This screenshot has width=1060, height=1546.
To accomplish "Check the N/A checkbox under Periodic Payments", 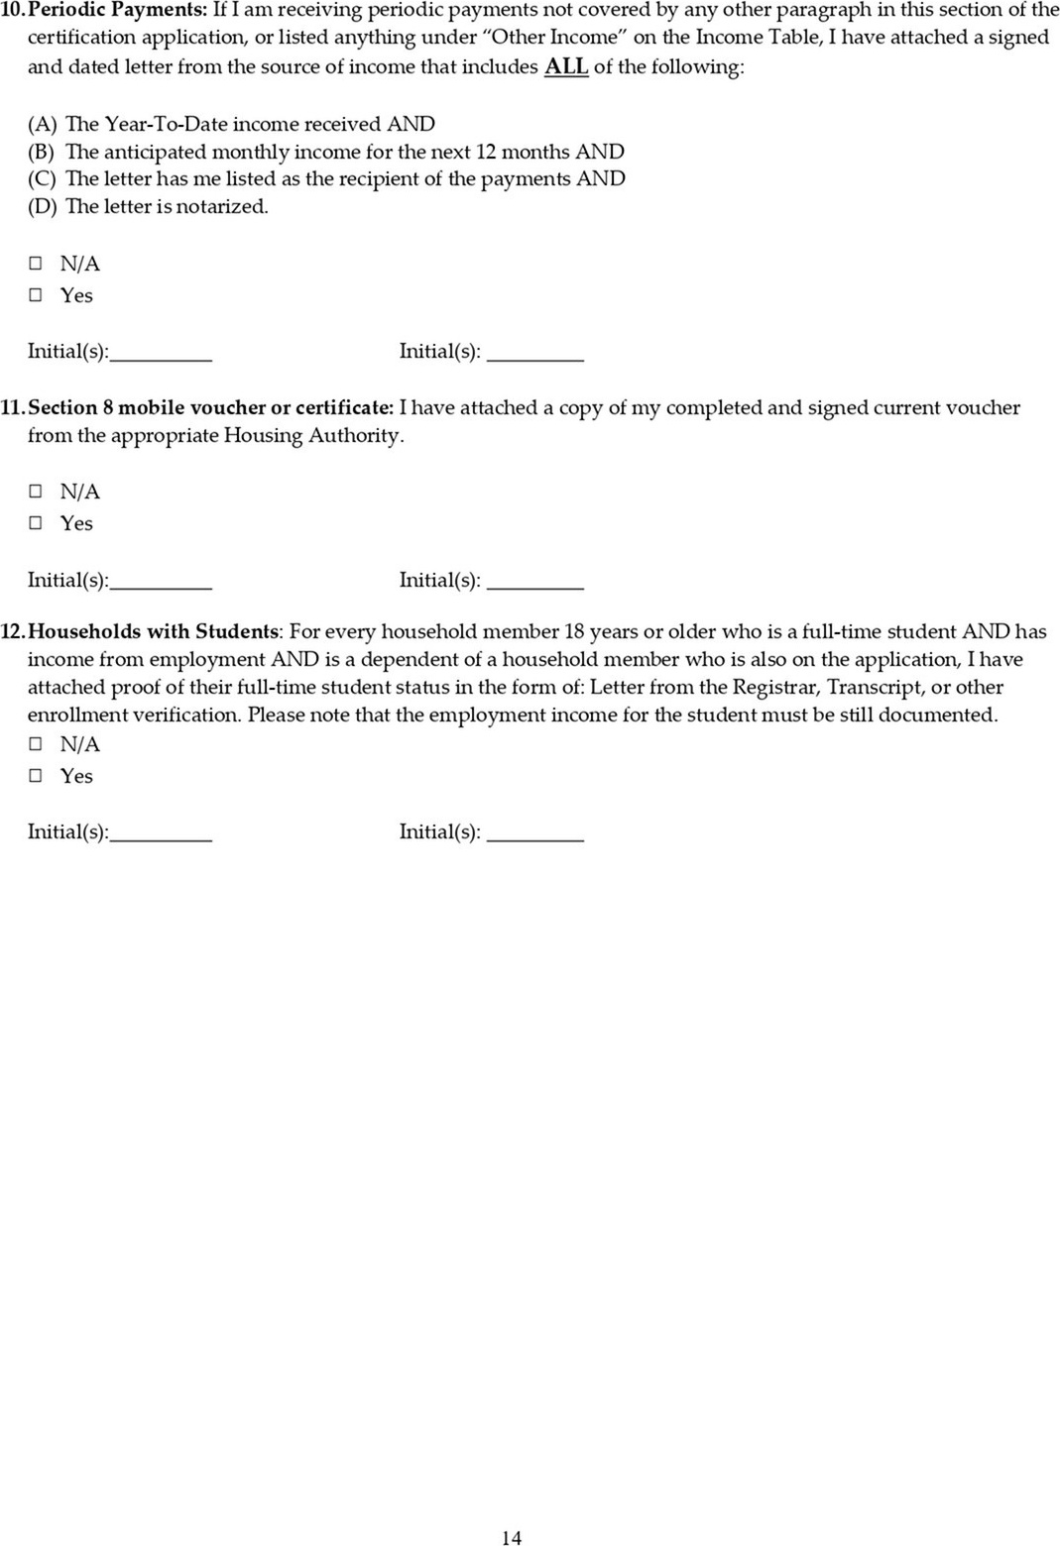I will point(36,264).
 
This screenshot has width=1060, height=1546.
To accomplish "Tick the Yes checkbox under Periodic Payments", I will point(36,295).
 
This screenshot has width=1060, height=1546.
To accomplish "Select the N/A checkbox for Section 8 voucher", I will point(36,492).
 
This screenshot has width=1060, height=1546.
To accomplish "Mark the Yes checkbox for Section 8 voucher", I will point(36,523).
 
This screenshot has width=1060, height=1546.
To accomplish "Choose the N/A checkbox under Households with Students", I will point(36,744).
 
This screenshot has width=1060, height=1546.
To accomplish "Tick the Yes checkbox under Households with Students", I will point(36,776).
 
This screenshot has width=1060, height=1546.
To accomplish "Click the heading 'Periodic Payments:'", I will point(119,10).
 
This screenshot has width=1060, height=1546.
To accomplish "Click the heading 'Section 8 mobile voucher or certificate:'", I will point(210,407).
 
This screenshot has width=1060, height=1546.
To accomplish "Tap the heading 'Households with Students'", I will point(155,631).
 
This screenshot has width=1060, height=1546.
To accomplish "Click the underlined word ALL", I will point(566,67).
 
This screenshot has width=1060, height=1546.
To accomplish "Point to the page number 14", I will point(512,1537).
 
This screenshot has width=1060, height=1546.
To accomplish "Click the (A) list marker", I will point(42,124).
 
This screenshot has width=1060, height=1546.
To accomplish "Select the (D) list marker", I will point(42,207).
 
